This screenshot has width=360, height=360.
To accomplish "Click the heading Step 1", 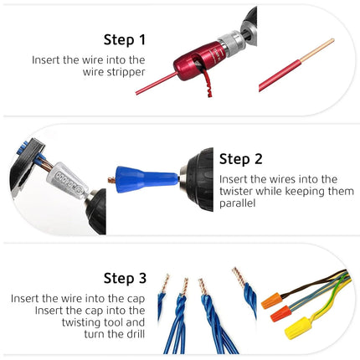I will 124,39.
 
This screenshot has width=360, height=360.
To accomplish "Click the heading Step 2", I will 241,159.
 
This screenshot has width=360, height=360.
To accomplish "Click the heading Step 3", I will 125,278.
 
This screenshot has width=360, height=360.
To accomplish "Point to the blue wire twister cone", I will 147,179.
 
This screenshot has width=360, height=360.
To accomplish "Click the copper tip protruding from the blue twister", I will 114,178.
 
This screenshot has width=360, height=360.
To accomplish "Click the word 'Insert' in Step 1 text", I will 47,60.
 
